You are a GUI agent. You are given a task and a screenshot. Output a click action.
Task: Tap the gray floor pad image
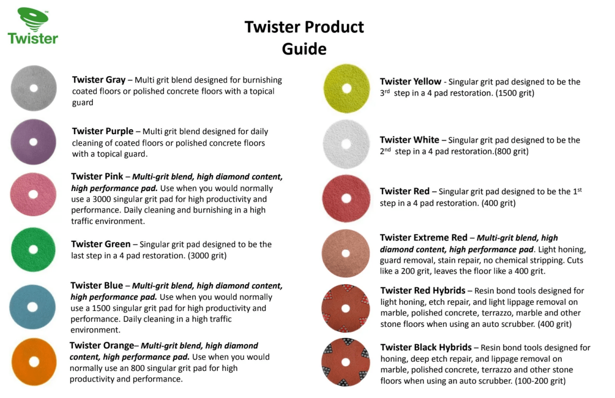(34, 88)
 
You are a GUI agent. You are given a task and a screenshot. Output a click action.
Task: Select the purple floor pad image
(33, 142)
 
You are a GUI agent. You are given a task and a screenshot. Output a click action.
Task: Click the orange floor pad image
(34, 362)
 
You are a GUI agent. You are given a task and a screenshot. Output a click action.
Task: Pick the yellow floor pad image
(346, 89)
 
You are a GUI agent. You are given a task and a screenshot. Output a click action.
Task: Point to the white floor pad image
(346, 144)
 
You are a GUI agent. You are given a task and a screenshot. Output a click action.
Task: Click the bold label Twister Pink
(97, 177)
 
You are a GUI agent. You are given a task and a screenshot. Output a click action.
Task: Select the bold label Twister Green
(101, 244)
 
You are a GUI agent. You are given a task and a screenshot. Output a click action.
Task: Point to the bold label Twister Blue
(97, 285)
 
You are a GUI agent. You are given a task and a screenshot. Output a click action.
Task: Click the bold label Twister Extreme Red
(424, 238)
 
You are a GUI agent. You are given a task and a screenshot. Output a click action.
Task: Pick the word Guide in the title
(304, 49)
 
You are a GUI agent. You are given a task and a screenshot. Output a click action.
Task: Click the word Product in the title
(335, 27)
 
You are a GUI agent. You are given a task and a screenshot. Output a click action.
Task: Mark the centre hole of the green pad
(33, 249)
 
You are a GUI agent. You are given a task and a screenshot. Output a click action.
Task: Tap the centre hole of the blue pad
(33, 307)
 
